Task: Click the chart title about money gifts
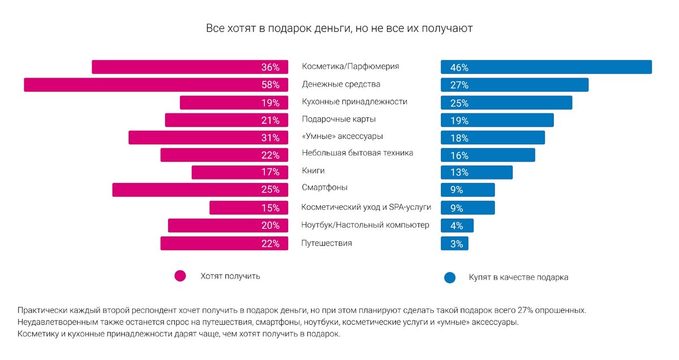(x=339, y=28)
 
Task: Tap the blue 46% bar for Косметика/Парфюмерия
(x=546, y=67)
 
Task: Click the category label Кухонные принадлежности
(x=354, y=102)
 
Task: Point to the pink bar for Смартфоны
(x=201, y=190)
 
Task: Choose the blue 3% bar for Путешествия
(x=454, y=244)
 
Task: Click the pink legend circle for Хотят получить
(x=181, y=276)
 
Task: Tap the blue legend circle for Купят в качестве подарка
(x=450, y=277)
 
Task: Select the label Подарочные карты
(x=339, y=119)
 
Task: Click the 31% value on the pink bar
(x=270, y=138)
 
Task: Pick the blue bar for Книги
(x=476, y=172)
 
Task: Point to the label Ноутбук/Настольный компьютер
(x=365, y=225)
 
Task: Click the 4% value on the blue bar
(x=457, y=226)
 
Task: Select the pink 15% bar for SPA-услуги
(x=249, y=208)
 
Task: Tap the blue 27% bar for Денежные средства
(x=514, y=85)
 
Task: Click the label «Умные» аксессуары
(x=343, y=136)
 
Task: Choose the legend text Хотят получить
(x=230, y=276)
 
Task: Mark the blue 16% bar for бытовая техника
(x=488, y=155)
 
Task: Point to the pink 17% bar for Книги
(x=240, y=172)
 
